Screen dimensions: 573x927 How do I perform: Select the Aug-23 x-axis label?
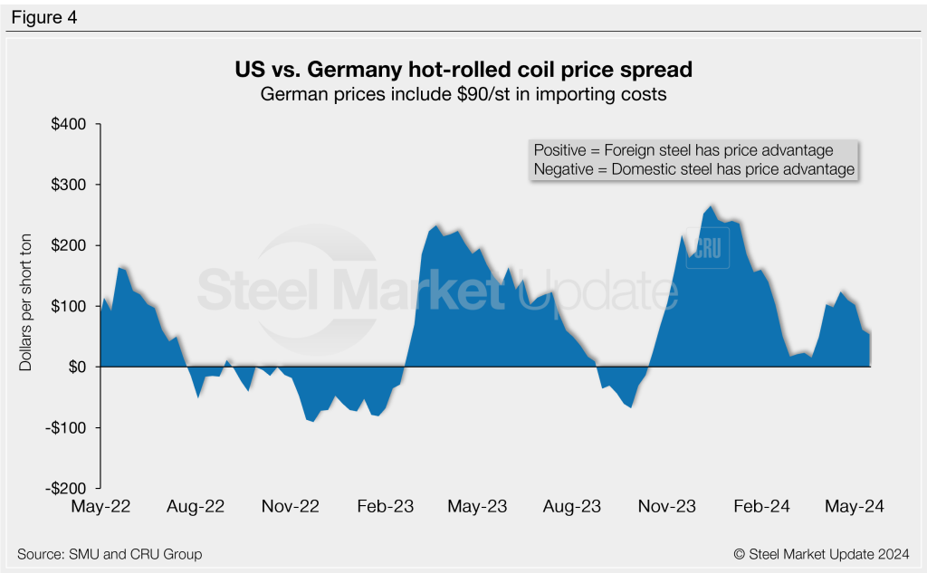pos(574,507)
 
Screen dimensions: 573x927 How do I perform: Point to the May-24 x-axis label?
pos(855,507)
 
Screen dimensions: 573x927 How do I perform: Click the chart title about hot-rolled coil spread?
pos(463,70)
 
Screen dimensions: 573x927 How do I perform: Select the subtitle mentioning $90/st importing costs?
pos(463,94)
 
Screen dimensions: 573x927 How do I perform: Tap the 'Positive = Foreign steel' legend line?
pos(683,150)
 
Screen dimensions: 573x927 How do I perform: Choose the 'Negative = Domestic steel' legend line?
pos(693,169)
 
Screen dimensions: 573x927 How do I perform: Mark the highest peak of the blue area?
pos(711,206)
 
